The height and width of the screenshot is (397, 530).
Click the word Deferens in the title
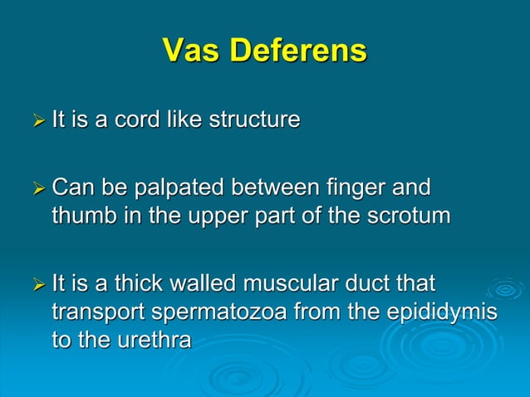[298, 51]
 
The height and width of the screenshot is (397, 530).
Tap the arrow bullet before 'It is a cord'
[38, 121]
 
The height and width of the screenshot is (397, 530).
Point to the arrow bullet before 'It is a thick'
[38, 286]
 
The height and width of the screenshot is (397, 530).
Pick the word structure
[253, 120]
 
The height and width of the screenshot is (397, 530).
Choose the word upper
[224, 218]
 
